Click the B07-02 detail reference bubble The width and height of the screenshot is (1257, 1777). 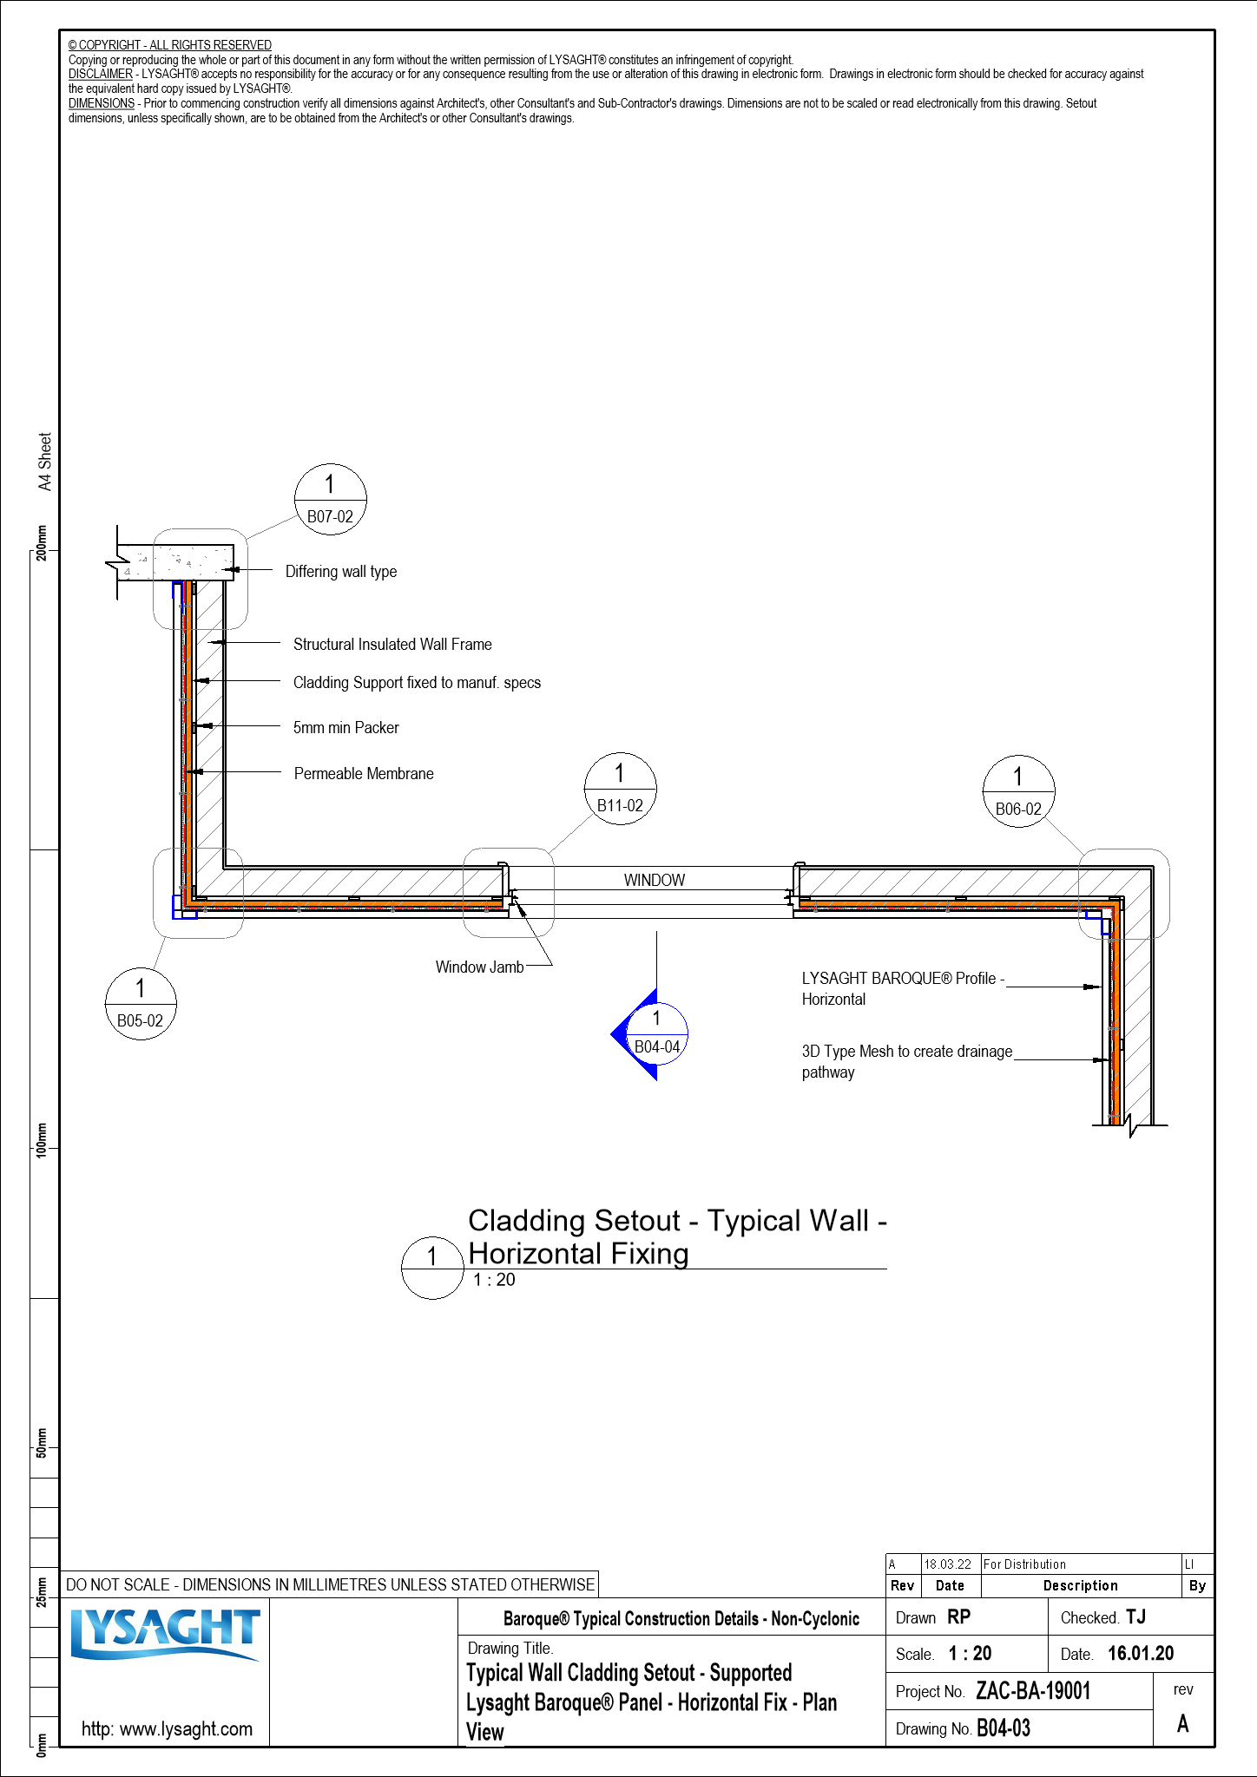[331, 500]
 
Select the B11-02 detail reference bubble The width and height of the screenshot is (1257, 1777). [620, 789]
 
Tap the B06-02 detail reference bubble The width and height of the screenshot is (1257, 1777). [1018, 791]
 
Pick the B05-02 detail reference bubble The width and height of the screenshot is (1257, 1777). [140, 1003]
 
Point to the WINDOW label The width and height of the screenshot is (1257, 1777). [655, 880]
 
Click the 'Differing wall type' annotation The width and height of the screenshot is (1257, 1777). [341, 572]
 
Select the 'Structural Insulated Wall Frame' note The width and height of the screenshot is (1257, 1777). [392, 645]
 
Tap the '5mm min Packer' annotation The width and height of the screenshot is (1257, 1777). [346, 728]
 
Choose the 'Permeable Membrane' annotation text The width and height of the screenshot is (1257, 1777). [364, 774]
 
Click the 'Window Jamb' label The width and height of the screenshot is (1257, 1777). [479, 967]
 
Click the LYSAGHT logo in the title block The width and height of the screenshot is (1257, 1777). [165, 1634]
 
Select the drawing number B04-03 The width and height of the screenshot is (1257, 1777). [1004, 1728]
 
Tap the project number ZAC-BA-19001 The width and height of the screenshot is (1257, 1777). [1033, 1691]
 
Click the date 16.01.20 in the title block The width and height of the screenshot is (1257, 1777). [1141, 1654]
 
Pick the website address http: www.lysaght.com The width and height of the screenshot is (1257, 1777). [167, 1728]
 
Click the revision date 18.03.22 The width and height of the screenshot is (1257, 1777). [947, 1564]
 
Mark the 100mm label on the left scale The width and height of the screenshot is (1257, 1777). [42, 1138]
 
